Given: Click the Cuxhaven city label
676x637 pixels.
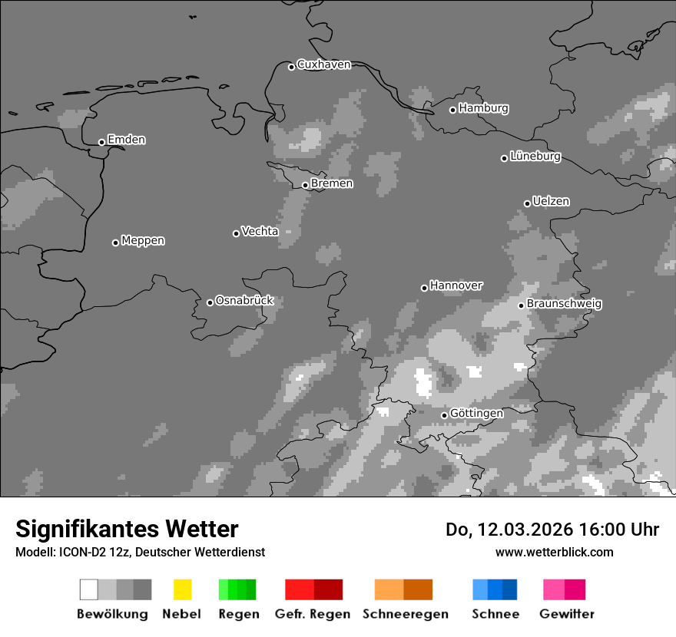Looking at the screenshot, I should (323, 64).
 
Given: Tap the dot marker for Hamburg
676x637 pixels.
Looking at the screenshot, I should (452, 110).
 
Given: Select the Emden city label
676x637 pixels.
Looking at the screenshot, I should (126, 140).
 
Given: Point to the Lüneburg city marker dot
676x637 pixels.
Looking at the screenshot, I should (504, 158).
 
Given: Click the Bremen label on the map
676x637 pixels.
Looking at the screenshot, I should (332, 183).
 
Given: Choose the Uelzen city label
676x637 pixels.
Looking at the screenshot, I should (551, 201).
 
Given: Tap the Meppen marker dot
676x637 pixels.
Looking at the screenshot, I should (115, 243).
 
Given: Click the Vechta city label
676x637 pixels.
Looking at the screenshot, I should (260, 231).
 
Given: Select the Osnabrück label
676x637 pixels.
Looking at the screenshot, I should (244, 300).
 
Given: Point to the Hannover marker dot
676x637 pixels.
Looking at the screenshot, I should (424, 288).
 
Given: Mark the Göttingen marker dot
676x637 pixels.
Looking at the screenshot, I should (444, 415).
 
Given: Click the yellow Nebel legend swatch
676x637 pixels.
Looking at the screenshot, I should (182, 589).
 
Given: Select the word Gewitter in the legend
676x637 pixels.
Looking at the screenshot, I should (567, 614).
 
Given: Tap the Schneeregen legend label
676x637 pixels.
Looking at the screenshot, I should (406, 614).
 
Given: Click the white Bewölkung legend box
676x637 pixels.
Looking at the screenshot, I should (89, 589).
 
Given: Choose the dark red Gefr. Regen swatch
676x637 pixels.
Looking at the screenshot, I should (328, 589).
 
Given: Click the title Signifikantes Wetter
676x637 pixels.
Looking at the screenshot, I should (127, 529).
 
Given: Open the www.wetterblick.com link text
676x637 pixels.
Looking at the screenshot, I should (554, 552).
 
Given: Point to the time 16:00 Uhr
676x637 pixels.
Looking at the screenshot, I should (607, 530).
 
